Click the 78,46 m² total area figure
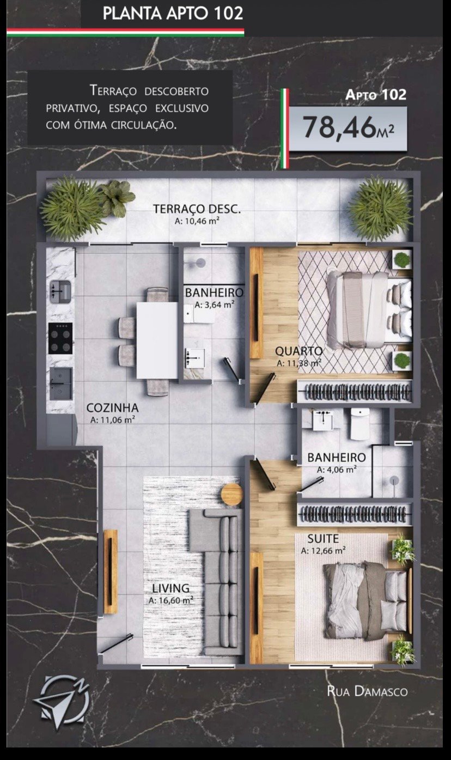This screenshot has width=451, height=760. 349,127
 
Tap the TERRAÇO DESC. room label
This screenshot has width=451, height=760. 197,209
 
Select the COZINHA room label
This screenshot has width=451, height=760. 113,408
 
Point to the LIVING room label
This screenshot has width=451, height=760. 170,588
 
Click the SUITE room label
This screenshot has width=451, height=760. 323,538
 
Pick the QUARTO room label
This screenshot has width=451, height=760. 298,351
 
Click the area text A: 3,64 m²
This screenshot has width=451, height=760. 214,305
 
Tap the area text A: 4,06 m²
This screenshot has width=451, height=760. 337,470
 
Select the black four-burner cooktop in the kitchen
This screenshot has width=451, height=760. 60,338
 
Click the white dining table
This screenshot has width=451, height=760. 157,341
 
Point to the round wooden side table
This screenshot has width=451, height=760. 232,494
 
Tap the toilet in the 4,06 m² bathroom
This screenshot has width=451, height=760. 359,423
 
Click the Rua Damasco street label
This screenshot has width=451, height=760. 367,691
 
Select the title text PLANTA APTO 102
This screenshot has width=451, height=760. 173,14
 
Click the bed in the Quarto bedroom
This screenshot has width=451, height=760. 369,311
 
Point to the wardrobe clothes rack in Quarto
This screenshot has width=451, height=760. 355,392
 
